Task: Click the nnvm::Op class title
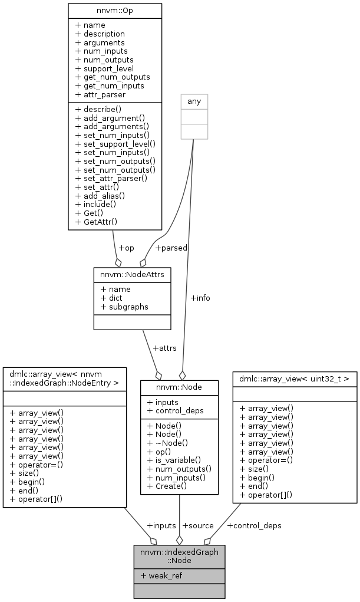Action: tap(115, 11)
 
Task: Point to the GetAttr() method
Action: tap(97, 222)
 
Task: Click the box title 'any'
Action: tap(194, 101)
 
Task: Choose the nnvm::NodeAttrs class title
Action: tap(133, 275)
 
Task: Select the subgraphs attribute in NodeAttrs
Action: tap(124, 307)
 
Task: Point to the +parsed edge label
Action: tap(171, 248)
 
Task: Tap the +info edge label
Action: tap(200, 298)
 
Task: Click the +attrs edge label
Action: tap(164, 348)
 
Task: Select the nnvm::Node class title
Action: tap(179, 387)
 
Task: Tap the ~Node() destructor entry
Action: tap(168, 443)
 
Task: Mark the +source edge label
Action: tap(198, 525)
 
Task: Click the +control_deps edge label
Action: tap(254, 525)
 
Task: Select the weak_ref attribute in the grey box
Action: tap(161, 575)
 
